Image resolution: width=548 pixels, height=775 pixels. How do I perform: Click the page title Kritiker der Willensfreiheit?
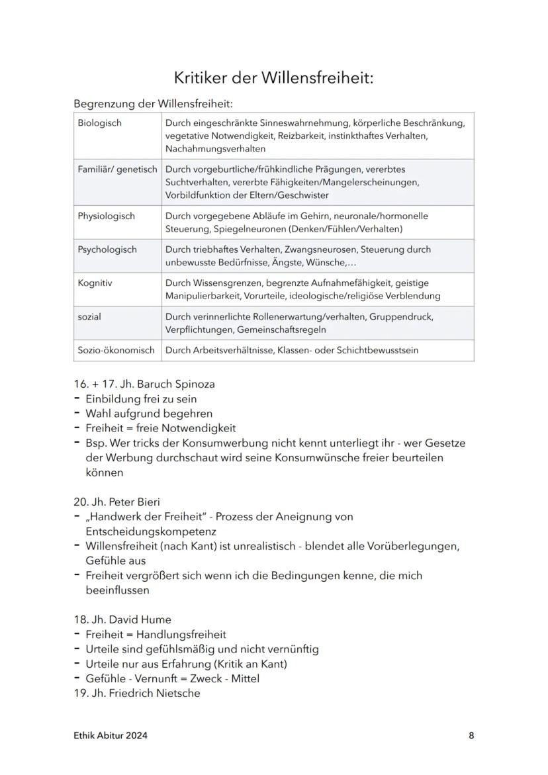click(273, 78)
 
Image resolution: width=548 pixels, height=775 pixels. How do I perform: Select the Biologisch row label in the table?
click(99, 123)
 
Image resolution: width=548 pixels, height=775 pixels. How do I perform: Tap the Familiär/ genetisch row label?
click(117, 169)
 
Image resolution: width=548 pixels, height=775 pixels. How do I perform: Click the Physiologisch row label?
click(106, 216)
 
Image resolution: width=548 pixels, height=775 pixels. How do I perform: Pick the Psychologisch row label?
click(107, 250)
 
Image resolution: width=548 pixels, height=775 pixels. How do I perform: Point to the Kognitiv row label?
click(95, 283)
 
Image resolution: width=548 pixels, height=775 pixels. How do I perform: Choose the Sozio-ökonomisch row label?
click(116, 350)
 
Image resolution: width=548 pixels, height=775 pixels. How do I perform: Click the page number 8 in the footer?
click(471, 735)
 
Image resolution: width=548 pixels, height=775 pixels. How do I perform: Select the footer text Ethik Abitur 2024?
click(111, 735)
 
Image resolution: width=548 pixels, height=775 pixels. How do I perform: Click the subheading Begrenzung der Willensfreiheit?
click(153, 104)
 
